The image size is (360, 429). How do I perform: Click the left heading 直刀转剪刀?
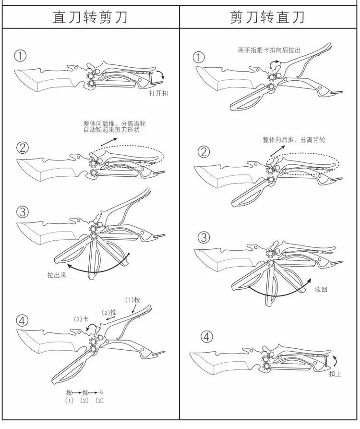pos(90,17)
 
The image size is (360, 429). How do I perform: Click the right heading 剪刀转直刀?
pos(267,17)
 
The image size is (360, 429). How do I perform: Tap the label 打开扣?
pos(158,93)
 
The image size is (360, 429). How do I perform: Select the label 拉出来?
pos(57,274)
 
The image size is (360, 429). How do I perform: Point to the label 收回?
pos(321,289)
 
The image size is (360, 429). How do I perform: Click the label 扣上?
pos(335,374)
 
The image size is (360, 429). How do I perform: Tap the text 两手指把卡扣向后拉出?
pos(269,50)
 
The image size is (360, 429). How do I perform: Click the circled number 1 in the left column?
pos(20,56)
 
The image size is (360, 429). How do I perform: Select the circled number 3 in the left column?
pos(23,212)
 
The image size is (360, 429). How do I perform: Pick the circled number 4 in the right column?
pos(207,337)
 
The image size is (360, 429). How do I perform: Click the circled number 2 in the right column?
pos(204,152)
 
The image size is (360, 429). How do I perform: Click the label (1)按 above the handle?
pos(132,300)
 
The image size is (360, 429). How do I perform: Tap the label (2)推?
pos(109,312)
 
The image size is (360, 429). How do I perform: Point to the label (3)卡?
pos(81,319)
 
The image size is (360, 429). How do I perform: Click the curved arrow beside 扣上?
pos(335,361)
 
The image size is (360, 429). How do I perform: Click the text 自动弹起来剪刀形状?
pos(111,130)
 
